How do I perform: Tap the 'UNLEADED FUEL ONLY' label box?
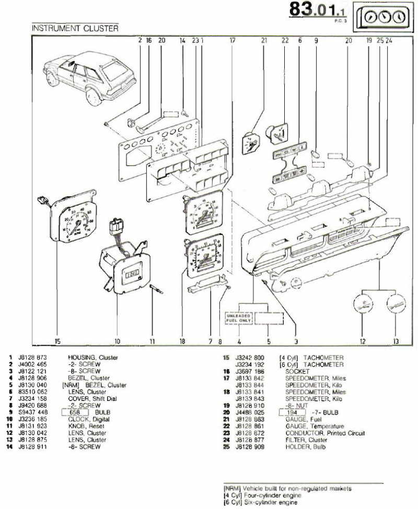coord(238,318)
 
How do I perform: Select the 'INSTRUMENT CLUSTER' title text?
coord(75,28)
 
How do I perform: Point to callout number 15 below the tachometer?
coord(57,342)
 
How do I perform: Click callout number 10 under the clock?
coord(117,342)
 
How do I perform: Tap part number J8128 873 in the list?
coord(33,358)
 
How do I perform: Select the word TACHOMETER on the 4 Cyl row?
coord(323,358)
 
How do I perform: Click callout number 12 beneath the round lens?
coord(362,342)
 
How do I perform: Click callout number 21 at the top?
coord(264,40)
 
